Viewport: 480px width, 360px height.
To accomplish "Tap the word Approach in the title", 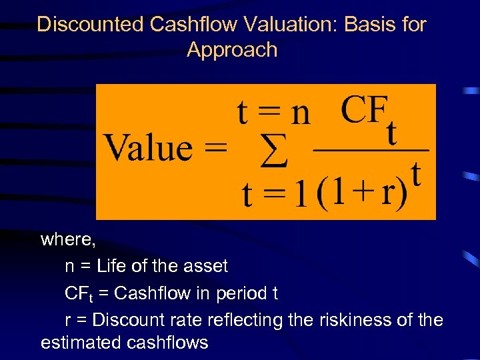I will pos(232,50).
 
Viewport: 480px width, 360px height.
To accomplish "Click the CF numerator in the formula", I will pos(364,110).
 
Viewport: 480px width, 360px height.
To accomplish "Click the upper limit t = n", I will pos(274,113).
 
